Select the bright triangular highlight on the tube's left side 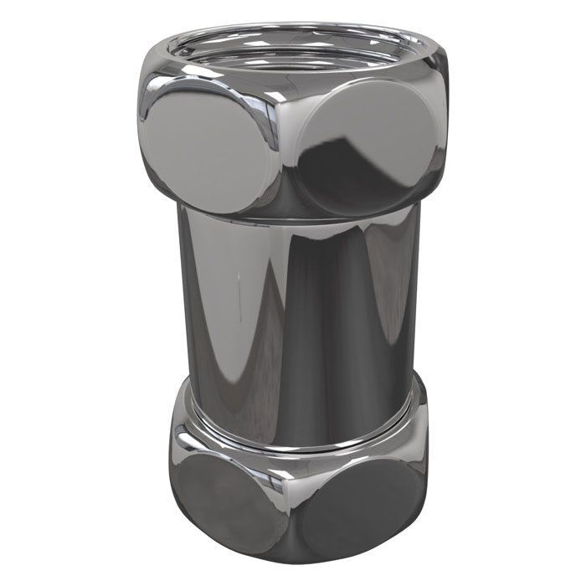click(209, 318)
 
